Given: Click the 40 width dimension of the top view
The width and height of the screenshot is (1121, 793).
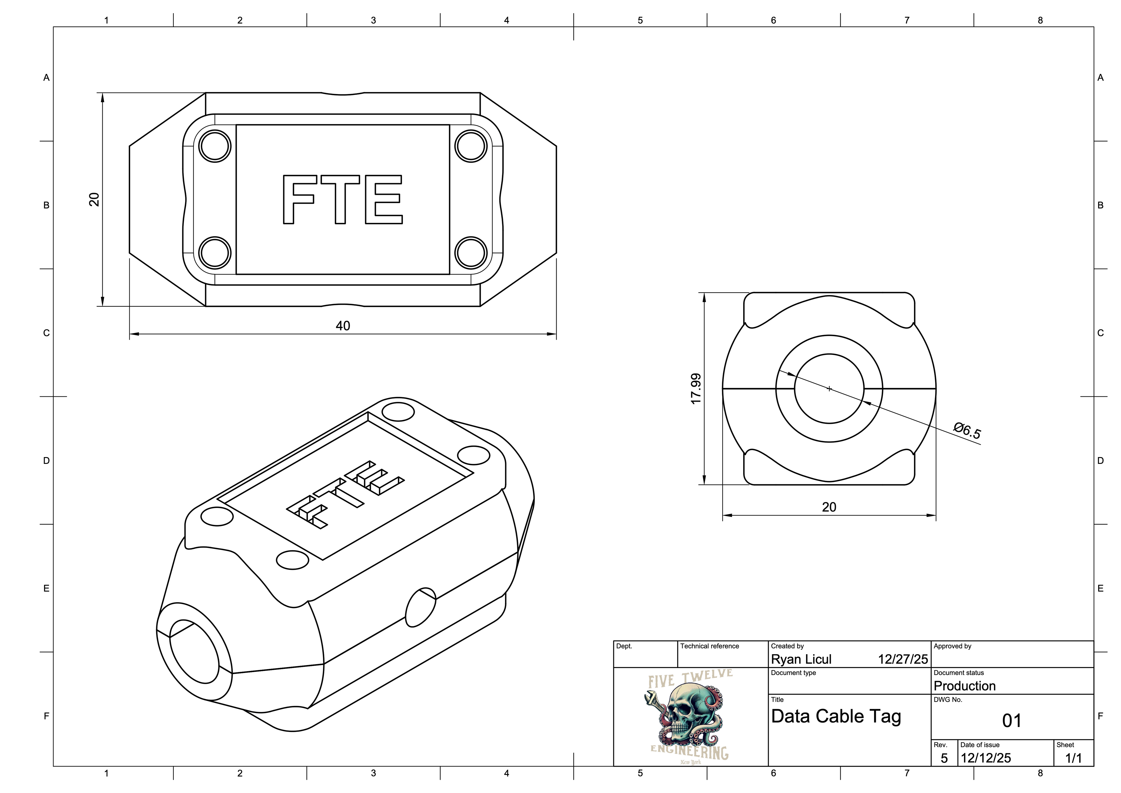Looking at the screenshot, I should click(343, 326).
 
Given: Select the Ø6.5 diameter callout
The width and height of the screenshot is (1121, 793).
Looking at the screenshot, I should click(967, 431).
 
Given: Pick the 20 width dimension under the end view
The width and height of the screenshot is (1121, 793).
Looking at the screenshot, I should click(829, 507).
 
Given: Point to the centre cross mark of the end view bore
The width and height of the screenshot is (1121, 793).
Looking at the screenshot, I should click(829, 389).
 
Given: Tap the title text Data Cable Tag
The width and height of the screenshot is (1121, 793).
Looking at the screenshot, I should click(836, 717).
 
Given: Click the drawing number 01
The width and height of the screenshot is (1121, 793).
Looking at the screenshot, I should click(1012, 721).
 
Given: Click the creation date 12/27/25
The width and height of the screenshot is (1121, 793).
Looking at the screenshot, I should click(902, 660).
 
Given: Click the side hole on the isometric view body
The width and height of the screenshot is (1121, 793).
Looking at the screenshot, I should click(420, 607).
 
